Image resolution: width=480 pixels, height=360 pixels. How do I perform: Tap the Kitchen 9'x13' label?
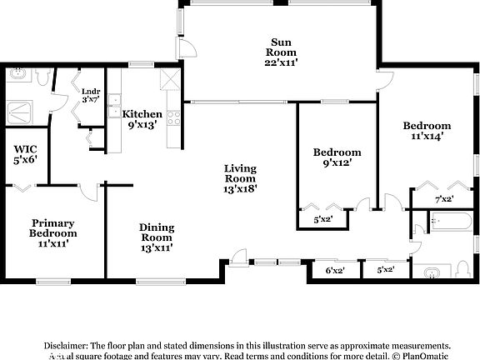pyautogui.click(x=142, y=120)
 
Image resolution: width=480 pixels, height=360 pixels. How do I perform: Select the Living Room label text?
pyautogui.click(x=240, y=177)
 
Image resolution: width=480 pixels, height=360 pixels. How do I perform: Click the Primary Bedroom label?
pyautogui.click(x=53, y=232)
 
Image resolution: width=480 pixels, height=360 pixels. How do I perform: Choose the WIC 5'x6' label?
pyautogui.click(x=23, y=157)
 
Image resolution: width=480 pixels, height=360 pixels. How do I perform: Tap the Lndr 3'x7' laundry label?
pyautogui.click(x=90, y=94)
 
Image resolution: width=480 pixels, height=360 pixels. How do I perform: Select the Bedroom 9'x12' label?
pyautogui.click(x=337, y=157)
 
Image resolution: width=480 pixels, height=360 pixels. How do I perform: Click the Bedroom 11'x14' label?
pyautogui.click(x=427, y=132)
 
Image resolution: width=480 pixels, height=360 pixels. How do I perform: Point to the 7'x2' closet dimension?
pyautogui.click(x=444, y=199)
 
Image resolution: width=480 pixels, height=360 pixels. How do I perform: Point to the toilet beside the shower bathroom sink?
pyautogui.click(x=42, y=77)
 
